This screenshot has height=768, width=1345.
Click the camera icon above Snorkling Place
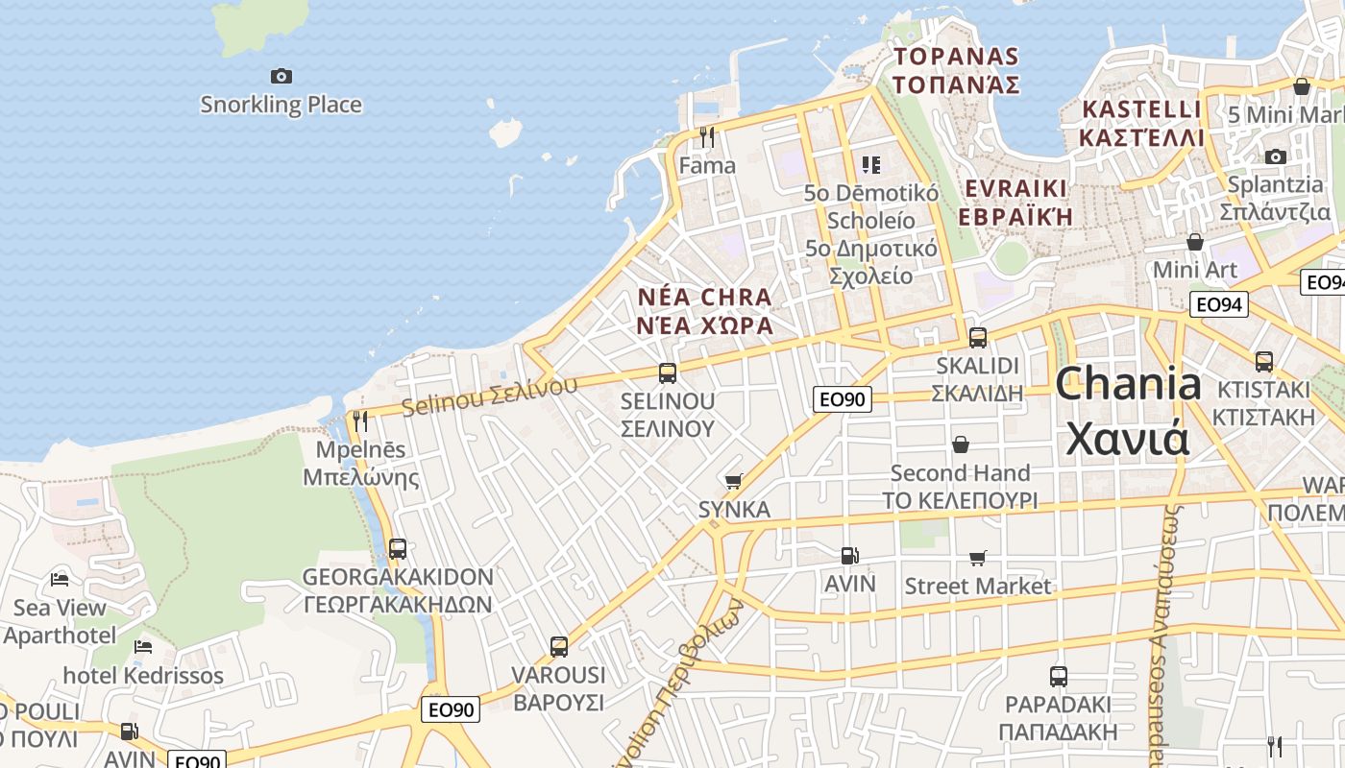click(281, 76)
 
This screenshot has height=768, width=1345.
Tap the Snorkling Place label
click(281, 105)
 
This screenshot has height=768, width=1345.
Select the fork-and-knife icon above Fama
click(707, 137)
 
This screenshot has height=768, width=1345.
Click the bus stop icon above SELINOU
click(668, 373)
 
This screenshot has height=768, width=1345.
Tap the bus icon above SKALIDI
click(978, 338)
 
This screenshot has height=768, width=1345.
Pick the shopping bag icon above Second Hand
click(960, 444)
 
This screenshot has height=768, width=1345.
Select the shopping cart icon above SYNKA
click(734, 481)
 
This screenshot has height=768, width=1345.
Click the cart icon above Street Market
click(978, 558)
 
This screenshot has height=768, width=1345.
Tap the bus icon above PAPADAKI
click(1059, 677)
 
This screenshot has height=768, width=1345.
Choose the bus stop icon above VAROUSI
click(559, 647)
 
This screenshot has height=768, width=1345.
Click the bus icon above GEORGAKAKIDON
click(398, 549)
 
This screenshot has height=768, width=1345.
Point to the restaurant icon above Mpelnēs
click(360, 420)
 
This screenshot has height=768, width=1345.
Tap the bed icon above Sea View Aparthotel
click(60, 579)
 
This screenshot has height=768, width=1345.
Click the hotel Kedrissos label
click(143, 676)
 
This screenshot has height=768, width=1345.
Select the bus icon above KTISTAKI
click(1264, 362)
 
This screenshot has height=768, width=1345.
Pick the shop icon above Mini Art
click(1195, 242)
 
